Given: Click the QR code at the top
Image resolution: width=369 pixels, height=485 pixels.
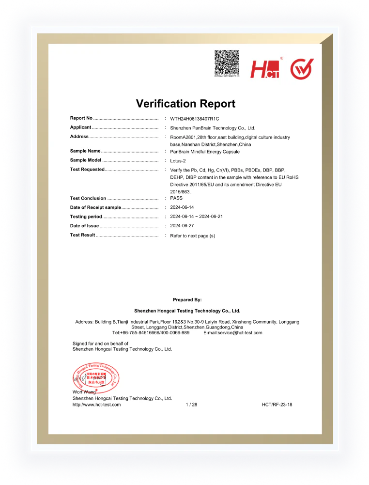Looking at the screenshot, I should (227, 62).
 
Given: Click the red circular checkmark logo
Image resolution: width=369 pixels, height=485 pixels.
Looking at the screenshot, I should (302, 69).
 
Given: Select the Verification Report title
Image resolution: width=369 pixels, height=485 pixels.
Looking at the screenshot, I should (185, 104).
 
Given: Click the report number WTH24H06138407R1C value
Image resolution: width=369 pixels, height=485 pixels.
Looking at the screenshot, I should (195, 119).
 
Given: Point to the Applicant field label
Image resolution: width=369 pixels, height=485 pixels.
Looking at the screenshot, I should (80, 127).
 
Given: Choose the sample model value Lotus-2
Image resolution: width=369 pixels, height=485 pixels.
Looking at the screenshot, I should (179, 161).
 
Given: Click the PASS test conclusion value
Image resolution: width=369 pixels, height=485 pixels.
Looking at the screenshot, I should (176, 198).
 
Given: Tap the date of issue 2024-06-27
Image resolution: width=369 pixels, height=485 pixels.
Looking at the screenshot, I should (182, 226).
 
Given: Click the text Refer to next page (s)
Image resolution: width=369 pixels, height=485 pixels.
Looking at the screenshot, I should (192, 235).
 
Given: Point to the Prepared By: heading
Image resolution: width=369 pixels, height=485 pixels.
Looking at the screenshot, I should (187, 300).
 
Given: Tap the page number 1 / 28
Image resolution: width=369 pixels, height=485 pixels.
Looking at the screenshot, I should (191, 405).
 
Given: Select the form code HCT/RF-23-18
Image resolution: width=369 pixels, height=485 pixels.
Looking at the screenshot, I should (277, 405).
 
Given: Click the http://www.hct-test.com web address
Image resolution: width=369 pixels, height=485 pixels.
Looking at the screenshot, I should (96, 405).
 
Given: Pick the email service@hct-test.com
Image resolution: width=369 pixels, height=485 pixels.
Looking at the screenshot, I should (233, 333).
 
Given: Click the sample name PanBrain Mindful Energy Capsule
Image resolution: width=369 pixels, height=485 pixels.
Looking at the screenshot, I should (205, 152).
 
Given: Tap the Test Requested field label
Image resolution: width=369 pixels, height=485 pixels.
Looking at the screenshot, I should (87, 170).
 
